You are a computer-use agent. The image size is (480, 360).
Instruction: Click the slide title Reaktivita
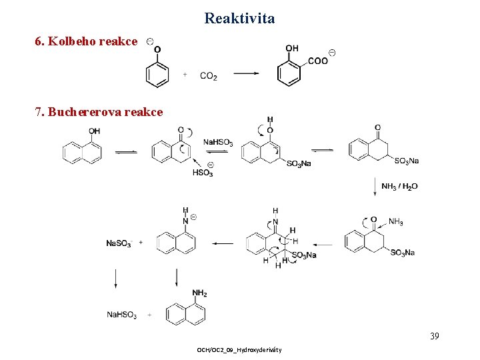tap(239, 18)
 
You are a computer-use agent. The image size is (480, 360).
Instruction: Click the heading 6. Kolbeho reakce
tap(86, 41)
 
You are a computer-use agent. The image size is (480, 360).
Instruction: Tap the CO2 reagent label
tap(208, 77)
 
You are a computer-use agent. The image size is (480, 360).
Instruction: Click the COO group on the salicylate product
tap(317, 61)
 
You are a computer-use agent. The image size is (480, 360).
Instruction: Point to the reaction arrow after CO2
tap(246, 74)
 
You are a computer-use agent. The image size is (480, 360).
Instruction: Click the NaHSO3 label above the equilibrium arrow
tap(218, 142)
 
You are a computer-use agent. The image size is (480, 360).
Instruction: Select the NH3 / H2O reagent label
tap(399, 186)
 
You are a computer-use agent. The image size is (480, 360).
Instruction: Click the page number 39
tap(434, 335)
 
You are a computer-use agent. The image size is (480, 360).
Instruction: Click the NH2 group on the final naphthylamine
tap(199, 293)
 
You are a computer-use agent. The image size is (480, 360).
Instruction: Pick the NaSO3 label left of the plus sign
tap(119, 243)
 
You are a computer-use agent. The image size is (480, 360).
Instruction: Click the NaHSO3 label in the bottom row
tap(121, 315)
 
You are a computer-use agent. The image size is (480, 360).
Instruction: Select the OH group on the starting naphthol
tap(94, 131)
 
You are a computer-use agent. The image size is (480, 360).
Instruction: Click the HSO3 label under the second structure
tap(203, 173)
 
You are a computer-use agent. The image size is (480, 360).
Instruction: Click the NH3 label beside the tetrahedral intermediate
tap(395, 222)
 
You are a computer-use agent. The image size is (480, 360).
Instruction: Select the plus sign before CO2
tap(185, 75)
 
